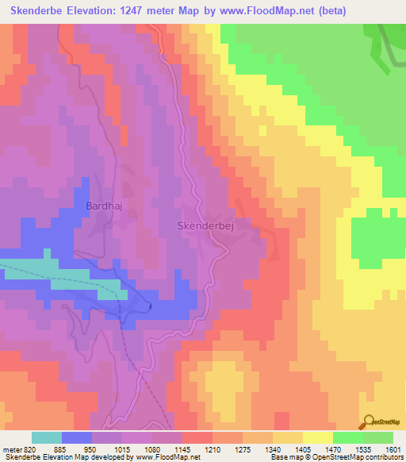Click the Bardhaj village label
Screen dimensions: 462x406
[x=101, y=206]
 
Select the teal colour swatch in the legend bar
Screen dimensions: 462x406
[x=47, y=438]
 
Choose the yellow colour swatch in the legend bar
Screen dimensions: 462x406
[x=317, y=438]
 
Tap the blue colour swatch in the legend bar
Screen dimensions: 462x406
[x=77, y=438]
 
